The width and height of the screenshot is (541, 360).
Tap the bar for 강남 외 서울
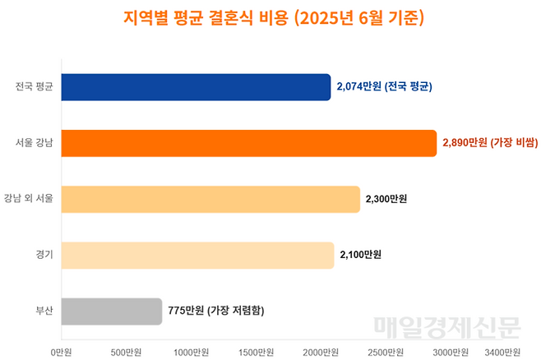210,199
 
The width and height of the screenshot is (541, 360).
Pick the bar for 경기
197,255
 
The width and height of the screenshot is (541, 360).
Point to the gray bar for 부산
112,311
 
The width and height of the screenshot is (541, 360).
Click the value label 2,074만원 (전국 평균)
385,86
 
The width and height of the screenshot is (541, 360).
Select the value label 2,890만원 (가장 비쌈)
490,143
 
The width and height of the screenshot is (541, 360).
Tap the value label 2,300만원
386,199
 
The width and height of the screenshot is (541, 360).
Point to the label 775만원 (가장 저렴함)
216,311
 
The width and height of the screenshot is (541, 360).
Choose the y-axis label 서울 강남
35,144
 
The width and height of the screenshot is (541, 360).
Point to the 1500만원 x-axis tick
256,352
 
